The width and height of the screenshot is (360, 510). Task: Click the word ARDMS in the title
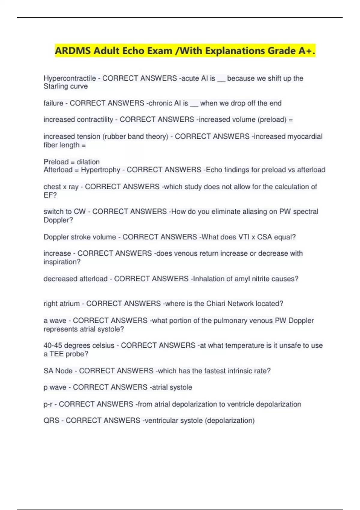coord(73,51)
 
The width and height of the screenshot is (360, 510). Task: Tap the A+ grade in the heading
coord(305,51)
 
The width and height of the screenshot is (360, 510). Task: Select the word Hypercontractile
coord(70,78)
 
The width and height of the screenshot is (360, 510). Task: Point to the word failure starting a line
coord(53,103)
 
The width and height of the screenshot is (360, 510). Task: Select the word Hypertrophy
coord(100,170)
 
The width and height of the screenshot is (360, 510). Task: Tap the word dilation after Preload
coord(88,162)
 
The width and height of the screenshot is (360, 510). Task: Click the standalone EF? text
coord(50,195)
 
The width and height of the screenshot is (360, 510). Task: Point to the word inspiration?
coord(62,262)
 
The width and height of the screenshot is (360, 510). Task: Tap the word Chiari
coord(216,304)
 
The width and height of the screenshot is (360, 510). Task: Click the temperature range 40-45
coord(53,346)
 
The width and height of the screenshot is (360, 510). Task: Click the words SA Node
coord(58,371)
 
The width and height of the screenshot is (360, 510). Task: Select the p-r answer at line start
coord(48,404)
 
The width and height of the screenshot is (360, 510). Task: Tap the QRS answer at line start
coord(51,421)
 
